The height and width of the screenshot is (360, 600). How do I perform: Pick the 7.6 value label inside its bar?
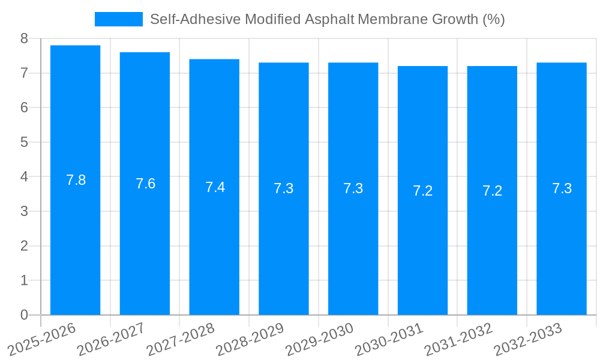click(x=145, y=184)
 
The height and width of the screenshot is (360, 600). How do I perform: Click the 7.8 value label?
click(x=76, y=180)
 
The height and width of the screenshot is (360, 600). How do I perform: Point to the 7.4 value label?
click(x=215, y=187)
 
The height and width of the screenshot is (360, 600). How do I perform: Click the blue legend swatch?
click(x=118, y=19)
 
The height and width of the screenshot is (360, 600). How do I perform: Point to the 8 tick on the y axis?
click(x=24, y=38)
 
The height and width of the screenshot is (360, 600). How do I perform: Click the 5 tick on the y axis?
click(x=24, y=142)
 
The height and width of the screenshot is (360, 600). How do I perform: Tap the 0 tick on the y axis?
click(x=24, y=315)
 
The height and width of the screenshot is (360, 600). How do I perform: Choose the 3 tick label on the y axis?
click(x=24, y=211)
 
